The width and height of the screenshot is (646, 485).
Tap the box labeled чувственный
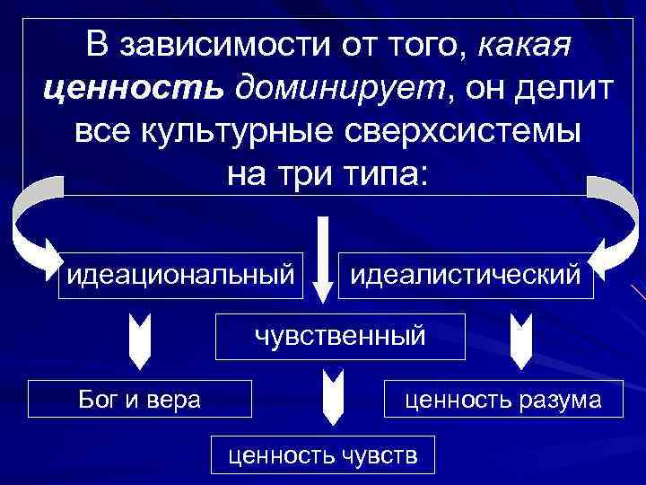(340, 336)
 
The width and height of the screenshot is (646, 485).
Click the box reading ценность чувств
(323, 454)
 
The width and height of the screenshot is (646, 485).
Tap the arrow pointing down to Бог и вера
(138, 339)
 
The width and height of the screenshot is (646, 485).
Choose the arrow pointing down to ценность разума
(521, 339)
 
